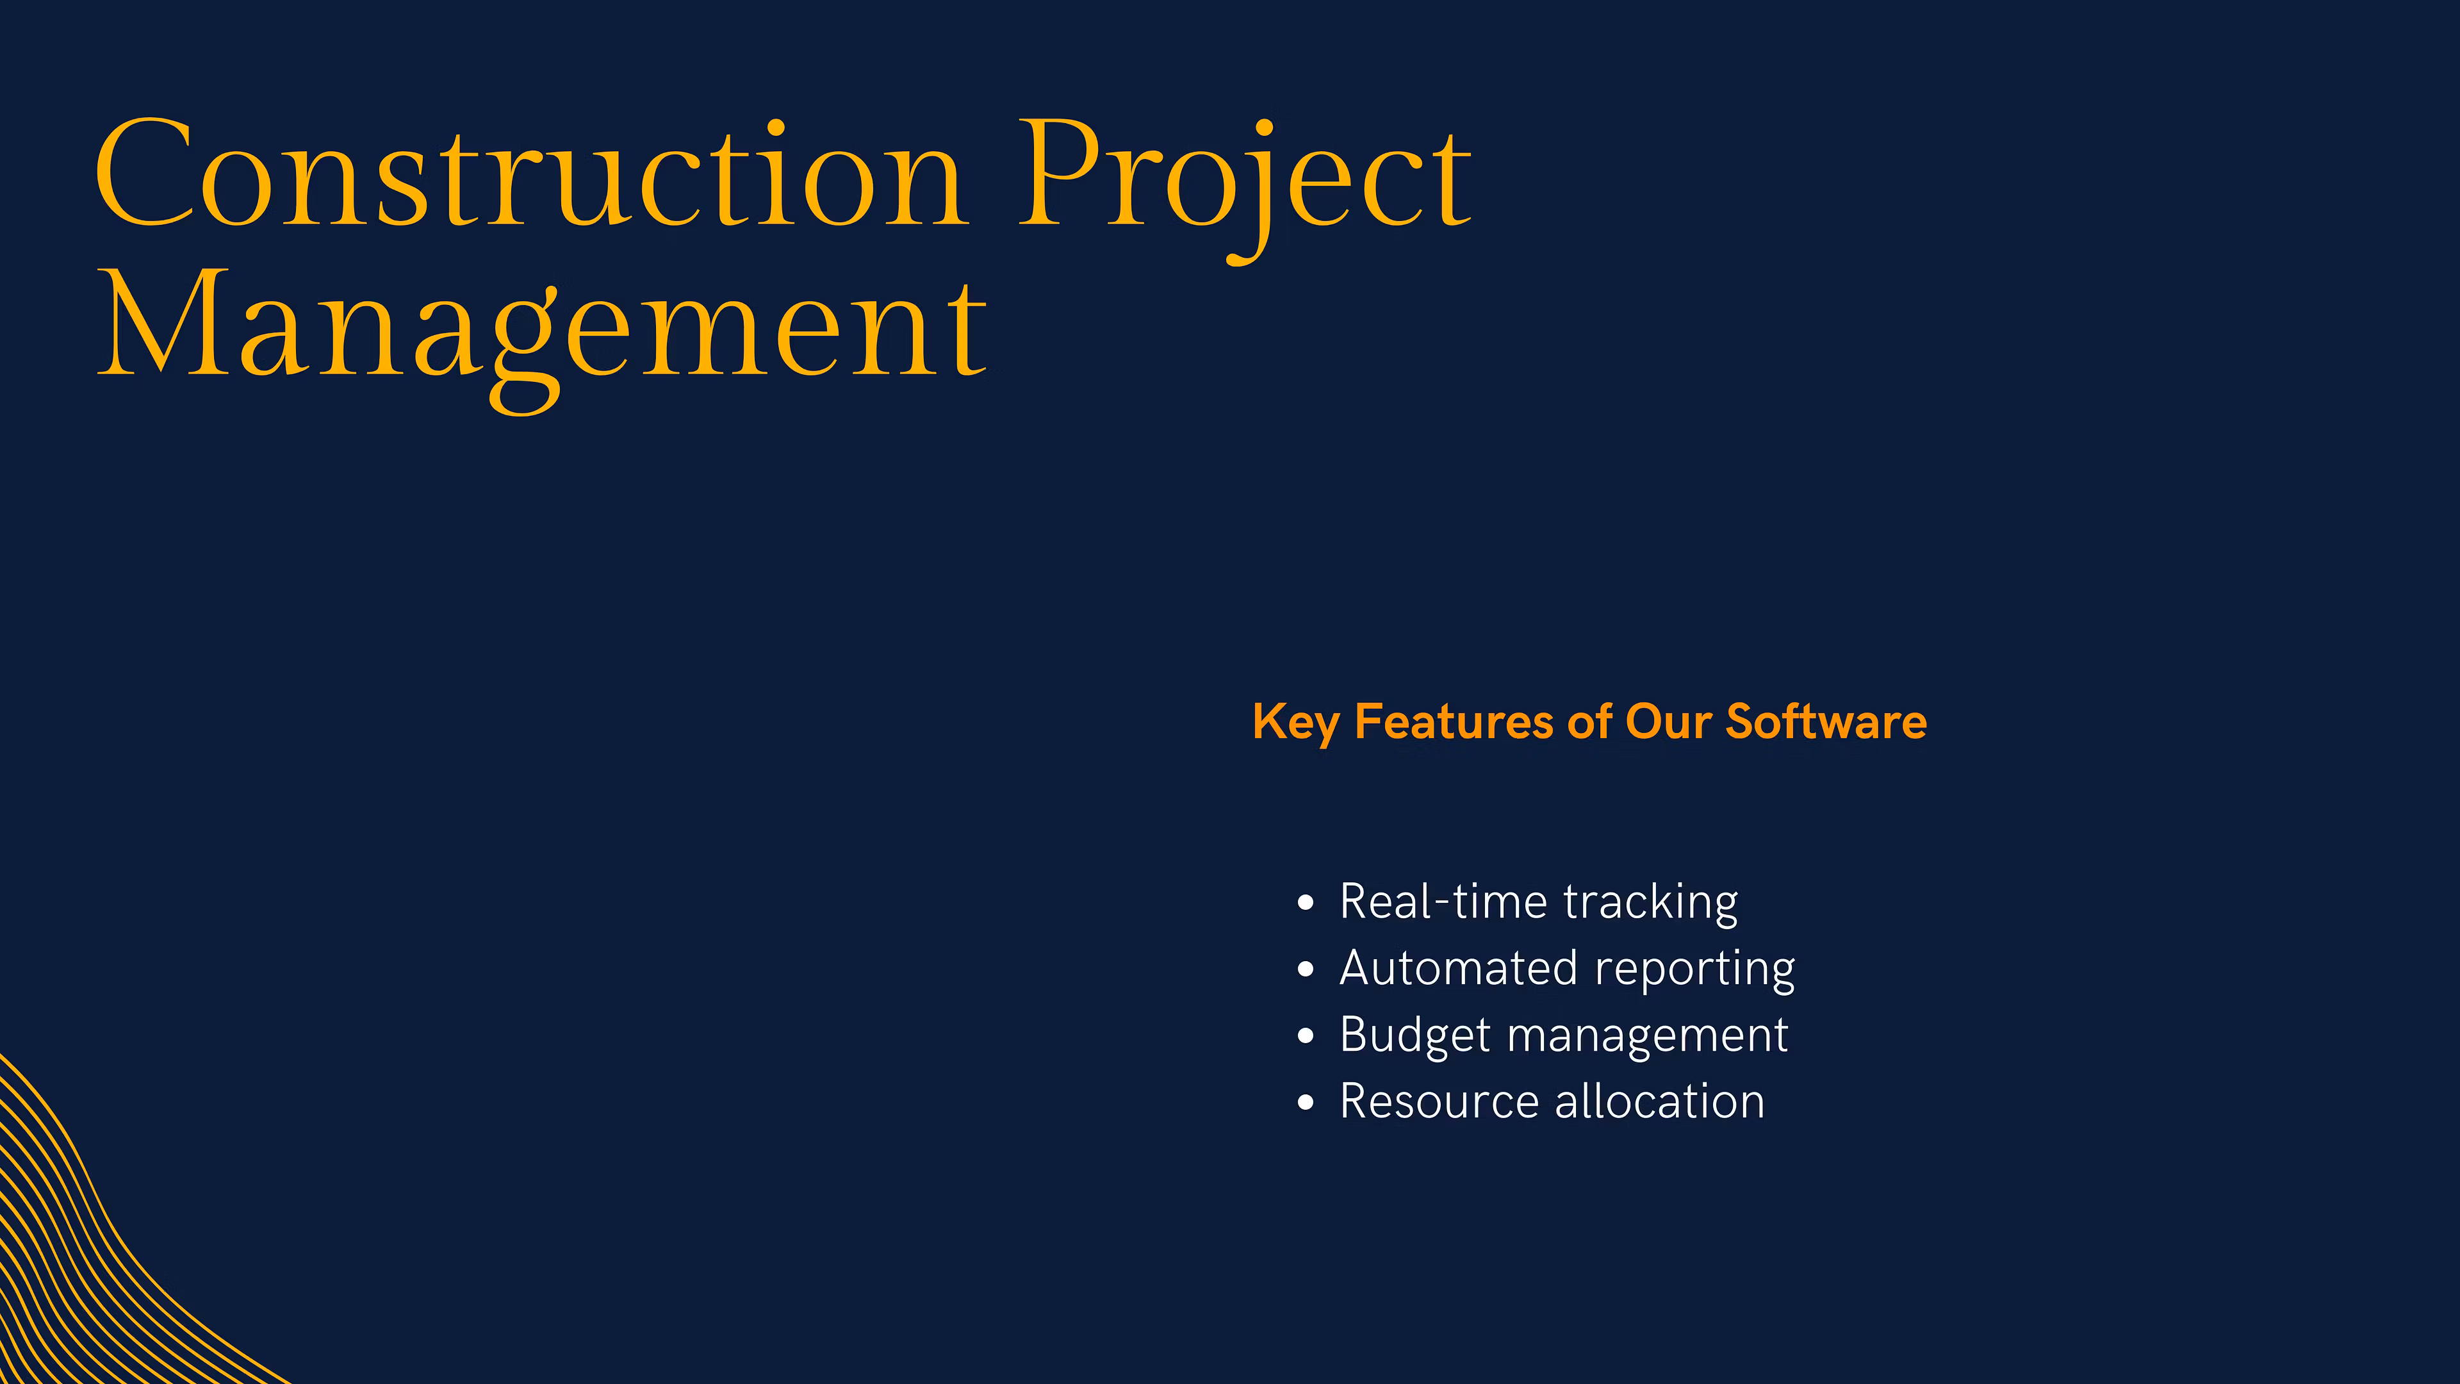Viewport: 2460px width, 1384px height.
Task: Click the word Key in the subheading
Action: click(x=1295, y=722)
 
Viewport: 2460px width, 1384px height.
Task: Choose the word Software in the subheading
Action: click(x=1825, y=722)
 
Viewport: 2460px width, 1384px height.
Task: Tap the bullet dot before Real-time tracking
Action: click(x=1306, y=903)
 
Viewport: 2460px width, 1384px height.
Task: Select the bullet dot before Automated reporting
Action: click(x=1306, y=969)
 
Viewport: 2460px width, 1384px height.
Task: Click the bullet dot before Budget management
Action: click(x=1306, y=1036)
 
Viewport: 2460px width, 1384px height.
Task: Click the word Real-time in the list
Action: click(x=1442, y=903)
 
